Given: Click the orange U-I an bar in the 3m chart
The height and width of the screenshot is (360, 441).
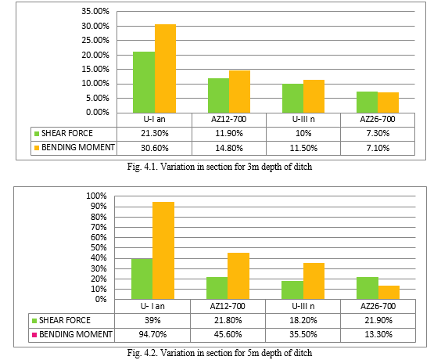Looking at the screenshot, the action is point(166,68).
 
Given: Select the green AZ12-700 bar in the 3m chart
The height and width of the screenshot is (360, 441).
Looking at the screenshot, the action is point(218,95).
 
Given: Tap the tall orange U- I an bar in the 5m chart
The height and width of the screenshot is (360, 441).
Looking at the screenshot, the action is point(163,250).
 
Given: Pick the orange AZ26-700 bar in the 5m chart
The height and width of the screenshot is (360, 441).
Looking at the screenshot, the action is point(389,293).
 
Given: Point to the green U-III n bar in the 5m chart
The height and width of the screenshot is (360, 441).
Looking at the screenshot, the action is point(292,290).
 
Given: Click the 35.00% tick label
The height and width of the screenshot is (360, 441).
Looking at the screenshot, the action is point(95,11).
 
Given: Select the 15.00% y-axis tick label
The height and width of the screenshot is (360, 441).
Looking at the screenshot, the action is point(95,69).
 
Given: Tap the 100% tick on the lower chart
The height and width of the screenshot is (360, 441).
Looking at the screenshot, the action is point(96,196).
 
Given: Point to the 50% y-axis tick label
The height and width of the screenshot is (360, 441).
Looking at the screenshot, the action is point(99,247).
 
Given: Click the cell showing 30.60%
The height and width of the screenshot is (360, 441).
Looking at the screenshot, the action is point(154,148).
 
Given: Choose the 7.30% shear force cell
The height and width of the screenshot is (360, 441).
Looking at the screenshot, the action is point(378,133).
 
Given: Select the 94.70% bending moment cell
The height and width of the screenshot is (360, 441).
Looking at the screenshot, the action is point(152,334).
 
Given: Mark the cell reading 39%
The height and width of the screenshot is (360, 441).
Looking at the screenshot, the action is point(152,320).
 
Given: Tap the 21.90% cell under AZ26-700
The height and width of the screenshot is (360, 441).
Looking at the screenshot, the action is point(378,320).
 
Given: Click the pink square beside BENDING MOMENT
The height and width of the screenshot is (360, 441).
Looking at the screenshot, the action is point(34,335).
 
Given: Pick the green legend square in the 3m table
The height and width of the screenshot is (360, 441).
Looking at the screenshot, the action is point(37,134).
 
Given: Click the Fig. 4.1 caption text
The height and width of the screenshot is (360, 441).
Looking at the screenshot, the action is point(220,167).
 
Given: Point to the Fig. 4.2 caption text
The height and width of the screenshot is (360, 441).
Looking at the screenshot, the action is point(220,353).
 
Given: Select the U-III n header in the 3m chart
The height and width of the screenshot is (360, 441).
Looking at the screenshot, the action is point(303,119).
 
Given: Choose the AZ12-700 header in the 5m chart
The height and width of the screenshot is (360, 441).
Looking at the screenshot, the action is point(228,306).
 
